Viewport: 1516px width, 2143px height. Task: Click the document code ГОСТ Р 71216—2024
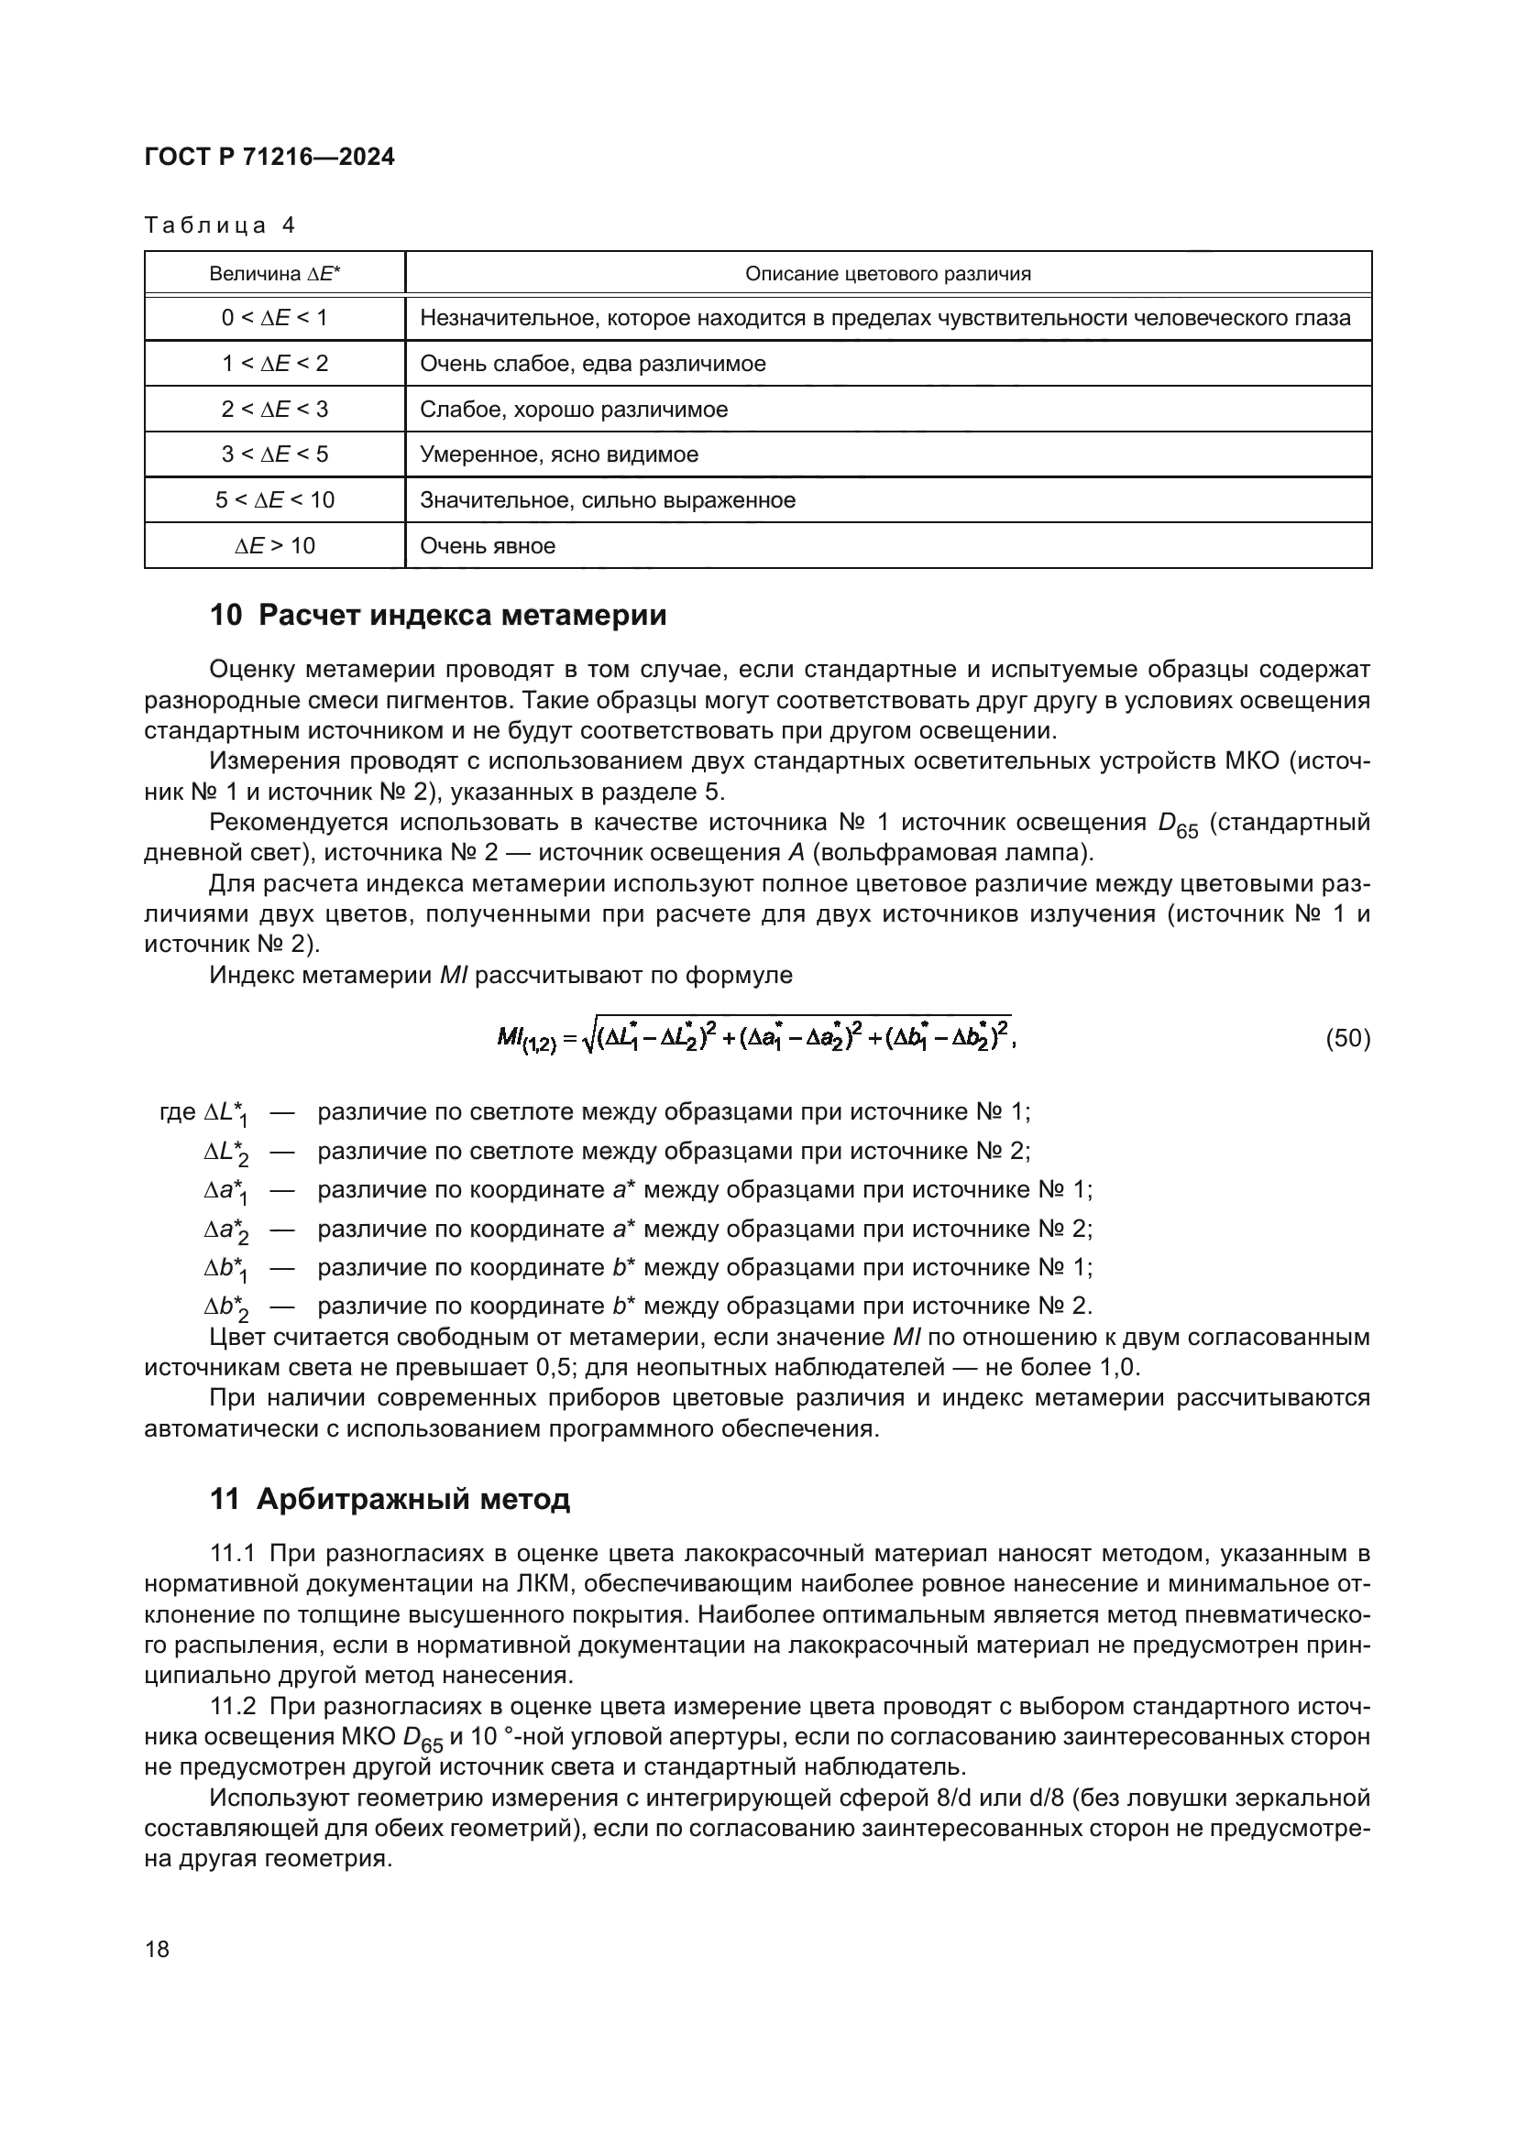point(269,157)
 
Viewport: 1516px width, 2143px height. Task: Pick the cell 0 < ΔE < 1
point(274,318)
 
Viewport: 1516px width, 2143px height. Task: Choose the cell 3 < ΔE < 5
point(274,454)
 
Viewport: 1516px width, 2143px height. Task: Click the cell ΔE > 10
point(274,546)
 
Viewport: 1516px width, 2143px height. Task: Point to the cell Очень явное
point(488,546)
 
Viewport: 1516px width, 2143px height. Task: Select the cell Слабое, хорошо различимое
point(573,410)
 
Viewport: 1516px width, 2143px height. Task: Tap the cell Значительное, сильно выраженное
point(607,500)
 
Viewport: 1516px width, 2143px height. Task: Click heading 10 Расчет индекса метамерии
point(438,616)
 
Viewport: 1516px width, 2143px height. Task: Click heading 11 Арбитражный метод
point(390,1500)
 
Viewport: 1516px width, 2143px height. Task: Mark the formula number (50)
point(1348,1039)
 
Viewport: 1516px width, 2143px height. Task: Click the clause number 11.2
point(234,1707)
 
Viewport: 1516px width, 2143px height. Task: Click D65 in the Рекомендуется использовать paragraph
point(1177,825)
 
